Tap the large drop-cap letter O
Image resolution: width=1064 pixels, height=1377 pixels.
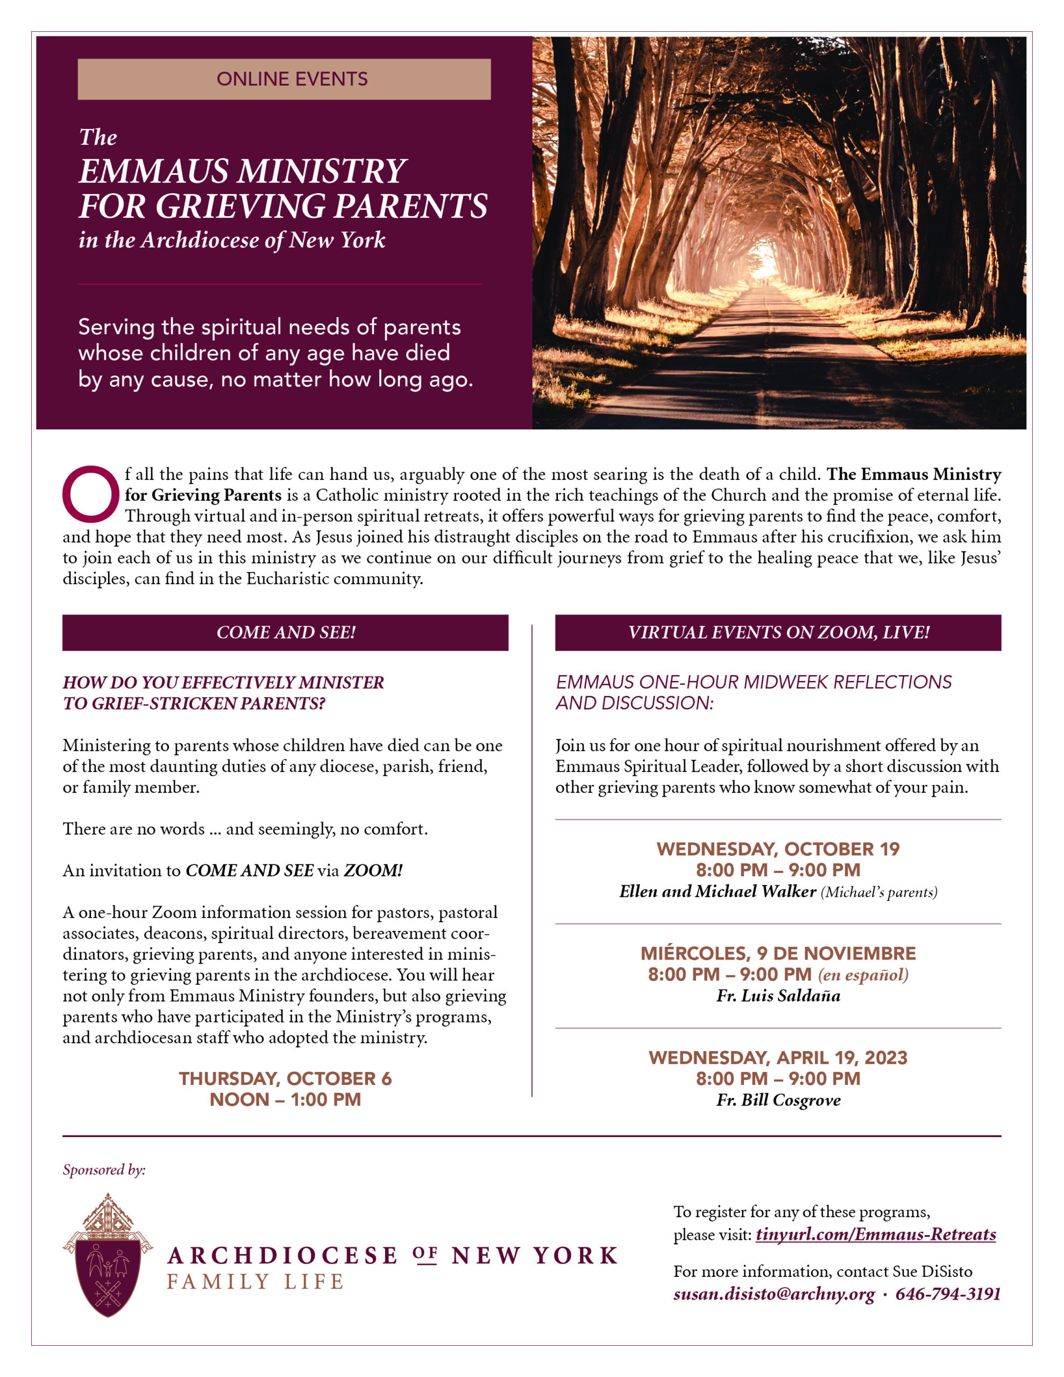(x=90, y=494)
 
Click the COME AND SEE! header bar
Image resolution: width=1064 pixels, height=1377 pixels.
(x=285, y=633)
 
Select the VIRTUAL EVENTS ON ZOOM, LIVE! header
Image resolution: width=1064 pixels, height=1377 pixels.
(x=778, y=633)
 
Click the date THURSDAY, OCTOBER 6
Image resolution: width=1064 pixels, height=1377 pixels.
(x=285, y=1078)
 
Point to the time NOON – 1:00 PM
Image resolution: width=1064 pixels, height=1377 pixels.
(x=285, y=1099)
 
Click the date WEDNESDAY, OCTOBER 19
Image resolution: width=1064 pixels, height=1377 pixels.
(x=778, y=849)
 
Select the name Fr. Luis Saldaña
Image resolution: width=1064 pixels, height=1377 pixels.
(x=778, y=996)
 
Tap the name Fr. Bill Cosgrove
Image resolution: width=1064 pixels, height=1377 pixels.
(x=778, y=1100)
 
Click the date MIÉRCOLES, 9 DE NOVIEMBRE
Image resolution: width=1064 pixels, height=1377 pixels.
(x=778, y=953)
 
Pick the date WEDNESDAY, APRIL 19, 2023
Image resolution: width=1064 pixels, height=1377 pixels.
(x=778, y=1057)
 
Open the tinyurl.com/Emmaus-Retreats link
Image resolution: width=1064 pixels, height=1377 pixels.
(x=875, y=1234)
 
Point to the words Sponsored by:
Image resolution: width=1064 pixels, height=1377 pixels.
(x=104, y=1169)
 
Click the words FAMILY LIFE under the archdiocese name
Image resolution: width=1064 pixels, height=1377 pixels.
(x=256, y=1282)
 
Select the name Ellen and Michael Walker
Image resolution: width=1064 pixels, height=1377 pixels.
(x=718, y=891)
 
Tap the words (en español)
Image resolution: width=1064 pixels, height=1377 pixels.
(x=863, y=975)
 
